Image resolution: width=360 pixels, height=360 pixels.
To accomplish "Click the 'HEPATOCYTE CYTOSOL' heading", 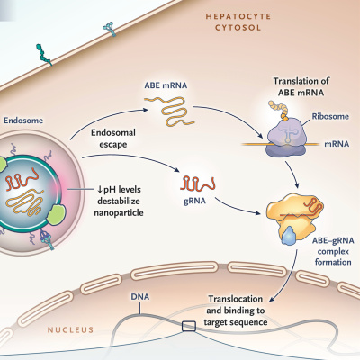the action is [238, 22].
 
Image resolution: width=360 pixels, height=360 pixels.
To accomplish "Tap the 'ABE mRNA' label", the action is [166, 85].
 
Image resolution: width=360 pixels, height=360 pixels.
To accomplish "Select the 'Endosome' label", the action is [23, 121].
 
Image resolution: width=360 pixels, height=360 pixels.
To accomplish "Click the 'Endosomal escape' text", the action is [113, 139].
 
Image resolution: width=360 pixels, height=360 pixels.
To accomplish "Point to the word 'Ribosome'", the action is [330, 116].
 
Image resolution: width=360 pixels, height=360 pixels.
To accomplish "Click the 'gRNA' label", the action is [194, 201].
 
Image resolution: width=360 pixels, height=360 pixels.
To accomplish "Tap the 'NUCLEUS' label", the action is [70, 330].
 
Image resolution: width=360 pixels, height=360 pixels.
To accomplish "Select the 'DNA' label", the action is [140, 297].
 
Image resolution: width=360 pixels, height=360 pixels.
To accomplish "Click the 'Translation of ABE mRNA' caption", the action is [301, 86].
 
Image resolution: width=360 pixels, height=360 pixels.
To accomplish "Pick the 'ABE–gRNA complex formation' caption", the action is [333, 251].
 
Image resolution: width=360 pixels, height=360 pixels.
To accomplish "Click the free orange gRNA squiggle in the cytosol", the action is [198, 184].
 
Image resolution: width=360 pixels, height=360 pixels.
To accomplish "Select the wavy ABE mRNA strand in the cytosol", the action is [169, 111].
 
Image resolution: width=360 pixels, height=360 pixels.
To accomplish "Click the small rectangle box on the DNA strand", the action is [189, 326].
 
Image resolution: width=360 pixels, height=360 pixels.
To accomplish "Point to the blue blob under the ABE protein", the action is [289, 236].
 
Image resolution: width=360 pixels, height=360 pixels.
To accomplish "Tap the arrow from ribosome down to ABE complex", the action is [292, 175].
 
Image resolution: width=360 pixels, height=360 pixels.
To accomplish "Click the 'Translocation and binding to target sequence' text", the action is [236, 310].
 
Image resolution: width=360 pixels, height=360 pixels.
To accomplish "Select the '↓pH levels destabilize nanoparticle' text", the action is [119, 201].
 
